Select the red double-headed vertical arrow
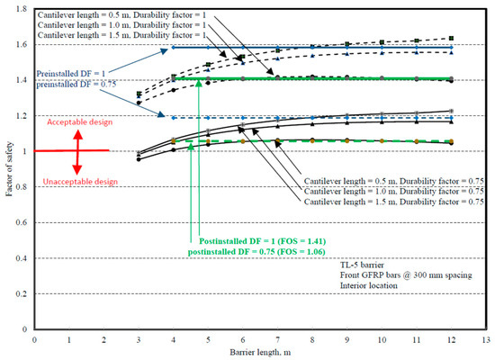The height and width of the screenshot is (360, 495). coord(77,150)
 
